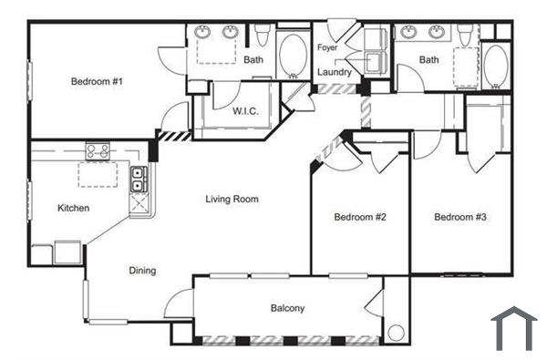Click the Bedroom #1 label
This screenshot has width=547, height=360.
[97, 82]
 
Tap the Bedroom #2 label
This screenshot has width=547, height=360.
[360, 217]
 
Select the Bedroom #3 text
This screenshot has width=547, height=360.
[460, 217]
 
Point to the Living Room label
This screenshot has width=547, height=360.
[232, 199]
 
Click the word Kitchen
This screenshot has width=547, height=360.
[74, 208]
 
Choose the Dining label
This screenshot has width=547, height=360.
[141, 270]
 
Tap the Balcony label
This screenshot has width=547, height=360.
[287, 308]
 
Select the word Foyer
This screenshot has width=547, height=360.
[327, 47]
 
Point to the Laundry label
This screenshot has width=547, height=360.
[335, 72]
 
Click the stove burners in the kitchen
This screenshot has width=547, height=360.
[98, 150]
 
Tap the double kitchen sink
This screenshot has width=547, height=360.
[139, 180]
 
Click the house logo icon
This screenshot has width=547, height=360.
[514, 328]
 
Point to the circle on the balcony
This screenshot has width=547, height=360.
[396, 334]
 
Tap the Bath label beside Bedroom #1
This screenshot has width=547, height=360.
[253, 60]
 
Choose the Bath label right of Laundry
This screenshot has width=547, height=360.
[429, 60]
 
